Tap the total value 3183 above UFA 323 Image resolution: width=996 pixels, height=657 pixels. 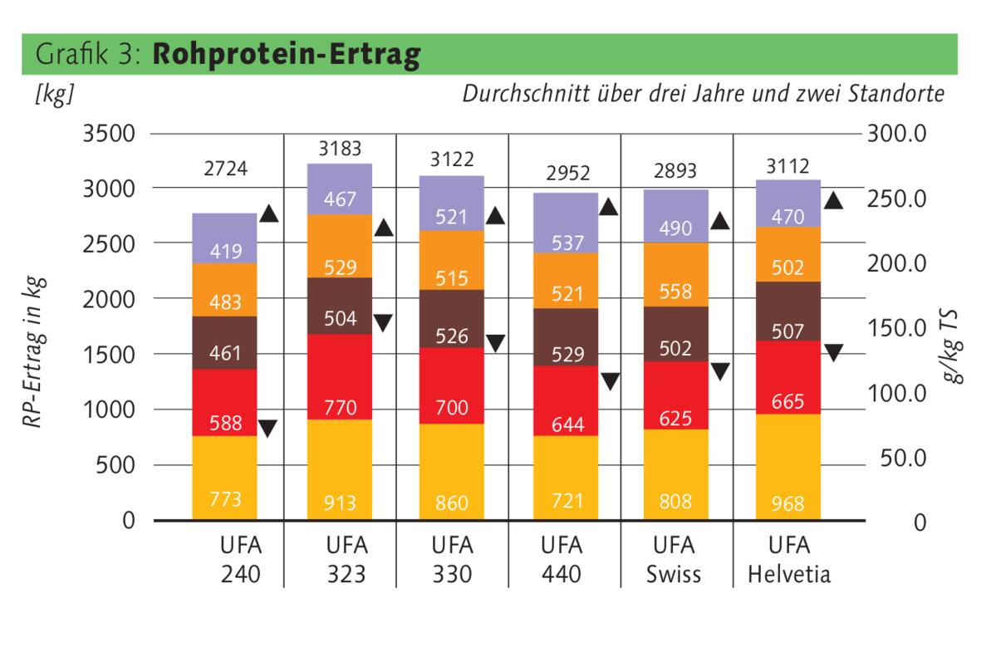tap(341, 150)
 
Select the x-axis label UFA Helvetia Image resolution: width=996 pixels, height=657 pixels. tap(788, 561)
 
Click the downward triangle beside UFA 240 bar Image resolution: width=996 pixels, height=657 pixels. tap(268, 429)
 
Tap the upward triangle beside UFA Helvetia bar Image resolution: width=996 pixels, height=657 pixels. tap(834, 200)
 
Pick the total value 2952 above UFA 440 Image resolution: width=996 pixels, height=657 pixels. tap(568, 173)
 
